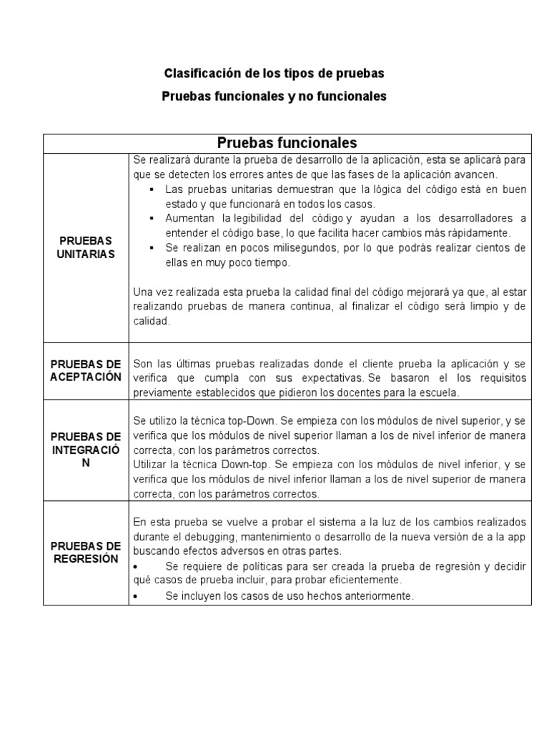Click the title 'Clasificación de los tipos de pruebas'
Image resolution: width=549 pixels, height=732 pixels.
point(274,74)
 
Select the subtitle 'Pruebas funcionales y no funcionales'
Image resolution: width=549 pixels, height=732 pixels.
point(274,96)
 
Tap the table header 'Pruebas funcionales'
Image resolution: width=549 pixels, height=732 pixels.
point(287,143)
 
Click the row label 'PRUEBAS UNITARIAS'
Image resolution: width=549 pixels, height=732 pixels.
point(86,247)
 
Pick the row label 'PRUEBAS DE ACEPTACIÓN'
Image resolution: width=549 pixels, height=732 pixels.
point(86,370)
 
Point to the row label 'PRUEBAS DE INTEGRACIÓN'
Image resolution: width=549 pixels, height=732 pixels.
point(86,450)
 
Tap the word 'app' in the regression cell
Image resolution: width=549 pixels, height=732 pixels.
point(518,536)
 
